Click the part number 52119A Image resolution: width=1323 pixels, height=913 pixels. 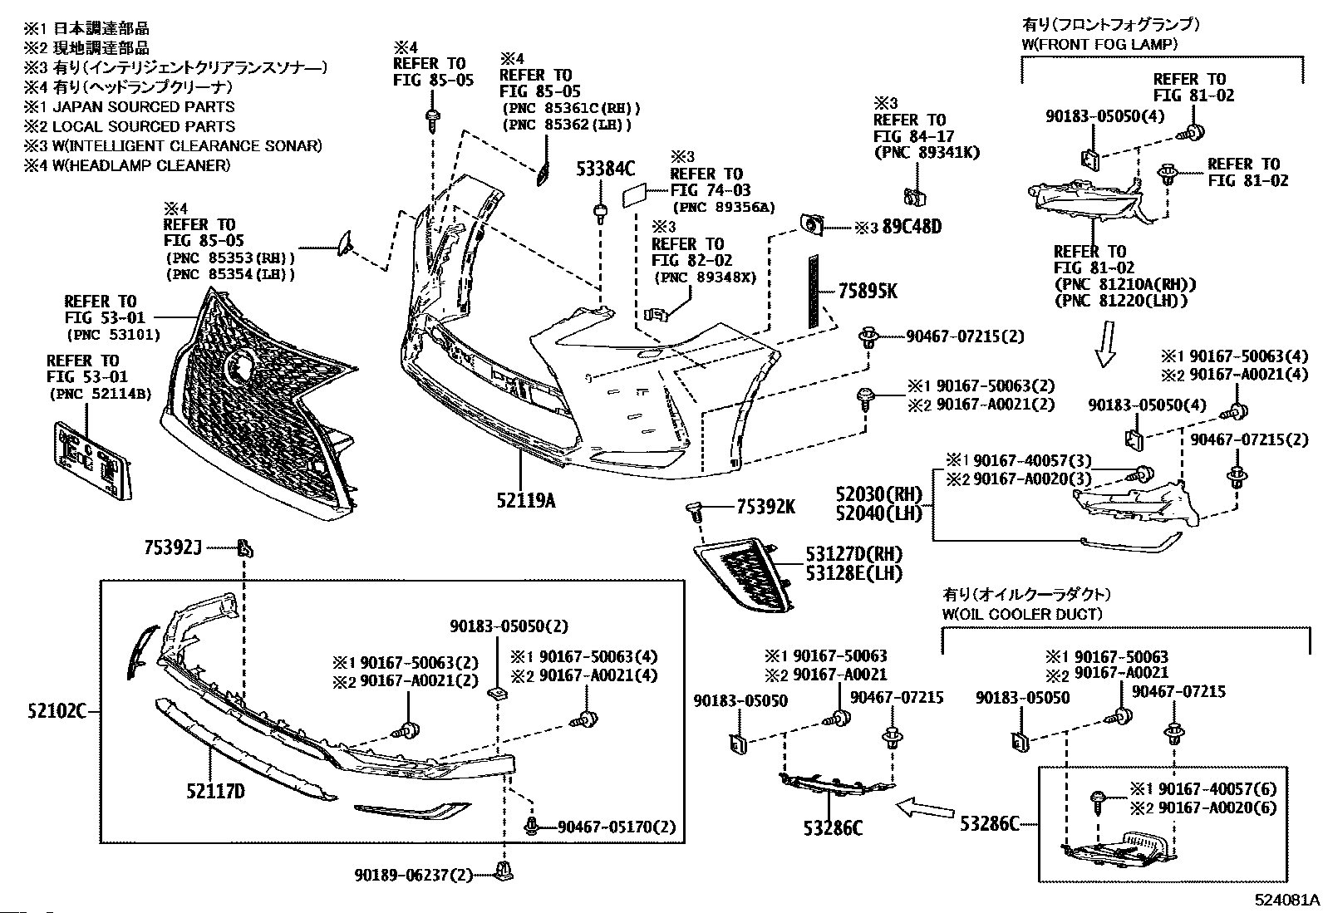(x=526, y=500)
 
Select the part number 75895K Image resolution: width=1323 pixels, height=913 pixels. (x=868, y=291)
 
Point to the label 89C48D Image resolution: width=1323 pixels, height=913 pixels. (x=911, y=226)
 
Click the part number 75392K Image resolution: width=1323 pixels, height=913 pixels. (x=765, y=507)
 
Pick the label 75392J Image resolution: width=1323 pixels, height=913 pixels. (x=173, y=547)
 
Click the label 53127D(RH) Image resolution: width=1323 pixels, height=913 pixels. (x=853, y=554)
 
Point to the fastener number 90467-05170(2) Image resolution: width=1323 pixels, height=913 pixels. (x=617, y=827)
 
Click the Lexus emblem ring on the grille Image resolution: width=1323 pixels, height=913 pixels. (x=240, y=366)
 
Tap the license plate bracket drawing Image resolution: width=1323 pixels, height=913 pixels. (x=91, y=461)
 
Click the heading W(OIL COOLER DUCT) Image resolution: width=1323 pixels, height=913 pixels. (x=1022, y=614)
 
